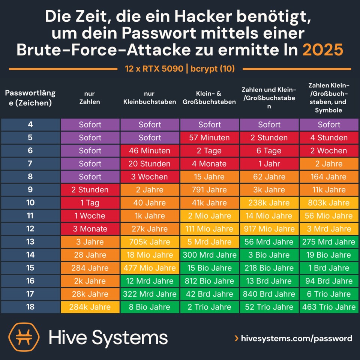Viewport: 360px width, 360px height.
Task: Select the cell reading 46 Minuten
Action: tap(150, 151)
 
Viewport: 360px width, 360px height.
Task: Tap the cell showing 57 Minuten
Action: tap(209, 138)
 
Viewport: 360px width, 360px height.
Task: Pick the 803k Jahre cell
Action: tap(329, 203)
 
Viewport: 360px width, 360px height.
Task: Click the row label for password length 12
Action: tap(30, 229)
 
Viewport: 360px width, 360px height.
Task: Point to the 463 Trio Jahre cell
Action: tap(329, 307)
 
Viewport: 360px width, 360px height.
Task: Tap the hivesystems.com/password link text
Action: tap(296, 338)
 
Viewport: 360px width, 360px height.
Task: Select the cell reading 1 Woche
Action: tap(90, 216)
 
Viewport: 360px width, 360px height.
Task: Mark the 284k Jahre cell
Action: tap(90, 307)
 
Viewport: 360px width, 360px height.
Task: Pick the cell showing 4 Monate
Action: tap(209, 164)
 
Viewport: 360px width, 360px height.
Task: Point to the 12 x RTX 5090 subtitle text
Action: tap(154, 69)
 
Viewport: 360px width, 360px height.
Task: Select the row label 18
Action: tap(30, 307)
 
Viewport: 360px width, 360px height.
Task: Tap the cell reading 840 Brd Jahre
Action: tap(269, 294)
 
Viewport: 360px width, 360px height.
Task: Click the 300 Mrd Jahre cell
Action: tap(209, 255)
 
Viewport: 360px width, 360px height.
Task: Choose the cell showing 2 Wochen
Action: tap(329, 151)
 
